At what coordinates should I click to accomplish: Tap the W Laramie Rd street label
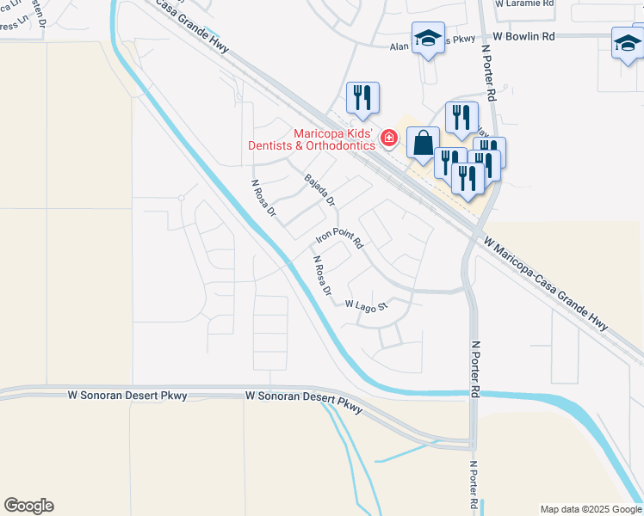[x=525, y=3]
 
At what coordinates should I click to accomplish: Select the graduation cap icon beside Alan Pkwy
[x=428, y=39]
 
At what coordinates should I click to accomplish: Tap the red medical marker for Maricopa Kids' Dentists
[x=389, y=138]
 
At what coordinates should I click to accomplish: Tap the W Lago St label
[x=368, y=304]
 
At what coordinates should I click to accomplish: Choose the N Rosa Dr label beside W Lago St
[x=322, y=275]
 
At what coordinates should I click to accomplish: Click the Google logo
[x=28, y=506]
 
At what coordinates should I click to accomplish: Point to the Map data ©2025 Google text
[x=591, y=509]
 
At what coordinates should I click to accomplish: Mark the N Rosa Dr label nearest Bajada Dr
[x=263, y=198]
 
